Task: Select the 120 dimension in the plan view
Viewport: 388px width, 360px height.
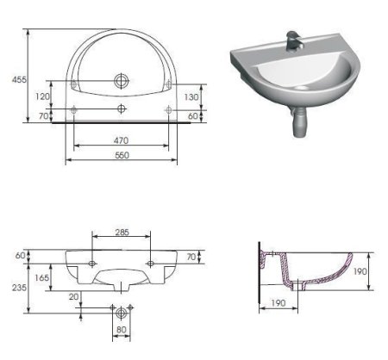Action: [x=41, y=96]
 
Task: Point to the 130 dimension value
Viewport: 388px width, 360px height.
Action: [x=193, y=96]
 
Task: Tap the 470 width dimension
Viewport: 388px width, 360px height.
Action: [x=121, y=140]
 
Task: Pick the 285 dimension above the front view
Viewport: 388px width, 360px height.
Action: [x=122, y=232]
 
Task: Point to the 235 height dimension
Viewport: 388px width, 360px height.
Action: [x=16, y=289]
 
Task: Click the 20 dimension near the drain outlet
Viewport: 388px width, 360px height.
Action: [x=75, y=296]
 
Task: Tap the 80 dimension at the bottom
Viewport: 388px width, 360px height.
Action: [x=121, y=328]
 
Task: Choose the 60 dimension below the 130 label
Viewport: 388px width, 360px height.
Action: [x=193, y=115]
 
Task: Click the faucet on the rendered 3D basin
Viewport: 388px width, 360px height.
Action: [x=294, y=39]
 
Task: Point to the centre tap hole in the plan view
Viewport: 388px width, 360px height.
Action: [x=121, y=109]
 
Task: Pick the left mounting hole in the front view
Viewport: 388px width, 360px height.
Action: [x=91, y=260]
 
